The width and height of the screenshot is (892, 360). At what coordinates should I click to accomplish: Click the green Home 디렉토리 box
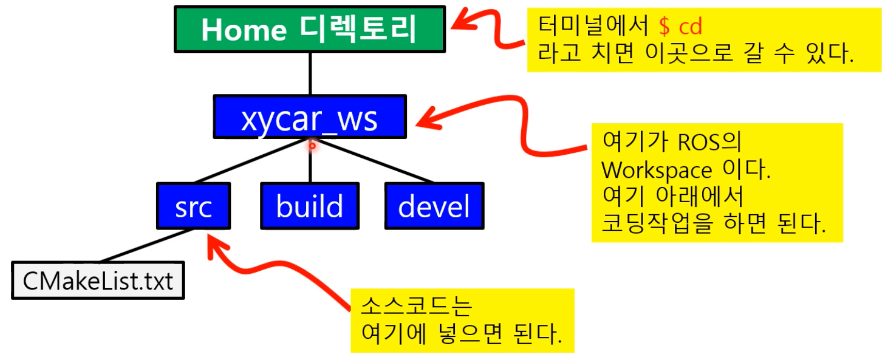coord(309,29)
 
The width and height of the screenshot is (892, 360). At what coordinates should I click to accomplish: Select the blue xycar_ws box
coord(309,117)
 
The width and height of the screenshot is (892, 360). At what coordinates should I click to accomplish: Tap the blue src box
coord(193,206)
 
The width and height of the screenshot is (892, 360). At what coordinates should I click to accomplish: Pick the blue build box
coord(309,206)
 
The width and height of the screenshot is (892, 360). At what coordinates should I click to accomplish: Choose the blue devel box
coord(434,206)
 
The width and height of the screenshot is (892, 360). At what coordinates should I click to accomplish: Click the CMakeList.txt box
coord(98,281)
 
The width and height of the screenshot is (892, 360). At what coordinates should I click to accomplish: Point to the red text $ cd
coord(681,26)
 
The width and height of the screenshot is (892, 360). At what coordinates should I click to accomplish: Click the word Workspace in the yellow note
coord(656,170)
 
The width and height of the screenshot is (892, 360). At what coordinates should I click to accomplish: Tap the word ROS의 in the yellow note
coord(709,142)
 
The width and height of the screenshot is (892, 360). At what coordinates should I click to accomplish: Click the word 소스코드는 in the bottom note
coord(416,306)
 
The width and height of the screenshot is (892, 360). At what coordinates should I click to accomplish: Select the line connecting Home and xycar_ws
coord(310,73)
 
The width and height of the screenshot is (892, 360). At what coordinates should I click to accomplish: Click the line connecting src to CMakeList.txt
coord(147,246)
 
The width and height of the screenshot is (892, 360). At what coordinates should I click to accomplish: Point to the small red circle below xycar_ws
coord(312,146)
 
